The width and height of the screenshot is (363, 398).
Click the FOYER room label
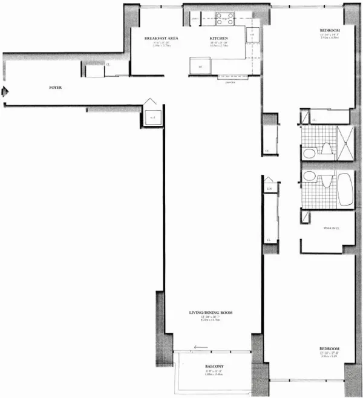point(56,88)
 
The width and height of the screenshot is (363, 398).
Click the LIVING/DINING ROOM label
point(211,313)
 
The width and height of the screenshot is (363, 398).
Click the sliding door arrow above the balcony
point(200,347)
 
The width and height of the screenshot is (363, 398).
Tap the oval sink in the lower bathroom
point(308,176)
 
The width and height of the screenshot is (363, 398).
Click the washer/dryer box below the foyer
point(151,115)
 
